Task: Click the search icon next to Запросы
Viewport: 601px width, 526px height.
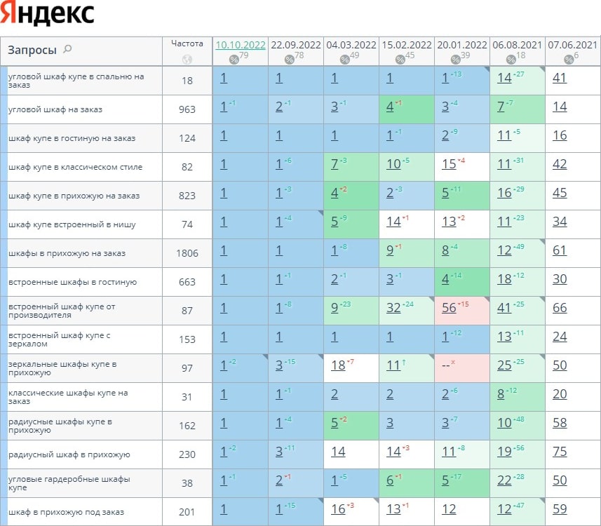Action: coord(67,49)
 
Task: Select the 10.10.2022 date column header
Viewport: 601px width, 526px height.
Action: coord(241,44)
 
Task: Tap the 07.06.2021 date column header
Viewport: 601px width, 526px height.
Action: coord(573,44)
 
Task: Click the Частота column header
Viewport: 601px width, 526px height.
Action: coord(187,43)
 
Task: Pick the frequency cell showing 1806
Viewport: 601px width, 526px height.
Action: coord(187,253)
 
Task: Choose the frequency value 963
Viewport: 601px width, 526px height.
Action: coord(187,109)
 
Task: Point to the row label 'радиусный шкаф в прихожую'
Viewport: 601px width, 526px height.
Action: coord(69,454)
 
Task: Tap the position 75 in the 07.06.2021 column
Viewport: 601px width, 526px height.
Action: coord(560,452)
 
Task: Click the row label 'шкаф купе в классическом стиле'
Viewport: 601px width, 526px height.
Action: coord(75,167)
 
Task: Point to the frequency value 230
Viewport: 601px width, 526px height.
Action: coord(187,454)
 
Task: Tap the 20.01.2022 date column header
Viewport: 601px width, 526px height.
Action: coord(461,44)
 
